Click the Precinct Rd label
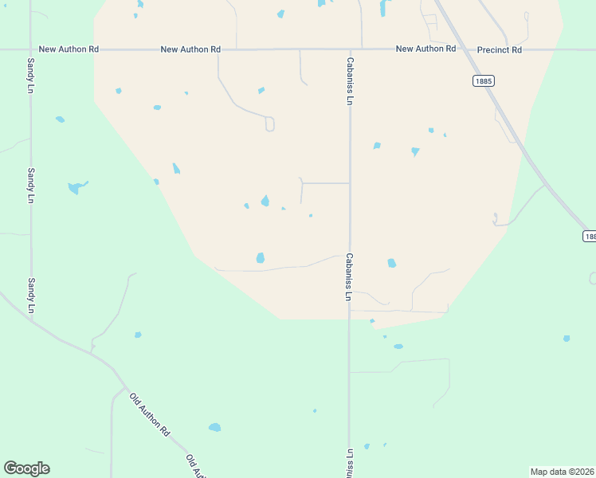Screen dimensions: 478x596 coord(499,49)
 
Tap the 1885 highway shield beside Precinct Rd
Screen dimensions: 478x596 coord(482,80)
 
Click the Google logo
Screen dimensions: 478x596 coord(26,468)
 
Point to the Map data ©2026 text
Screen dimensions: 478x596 coord(562,472)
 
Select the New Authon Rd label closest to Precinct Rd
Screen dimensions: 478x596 coord(425,49)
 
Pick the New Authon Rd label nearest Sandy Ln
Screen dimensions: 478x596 coord(69,49)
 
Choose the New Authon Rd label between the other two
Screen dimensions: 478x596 coord(190,49)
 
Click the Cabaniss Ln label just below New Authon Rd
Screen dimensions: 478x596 coord(349,80)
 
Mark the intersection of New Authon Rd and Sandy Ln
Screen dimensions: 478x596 coord(30,49)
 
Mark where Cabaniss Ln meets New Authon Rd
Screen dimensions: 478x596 coord(350,49)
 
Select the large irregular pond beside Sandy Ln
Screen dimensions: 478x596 coord(76,187)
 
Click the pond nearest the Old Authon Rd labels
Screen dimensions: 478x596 coord(214,428)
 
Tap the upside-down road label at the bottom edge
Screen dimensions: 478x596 coord(349,462)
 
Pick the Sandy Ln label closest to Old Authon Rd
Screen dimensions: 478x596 coord(32,295)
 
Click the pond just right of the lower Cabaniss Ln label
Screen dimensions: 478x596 coord(391,263)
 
